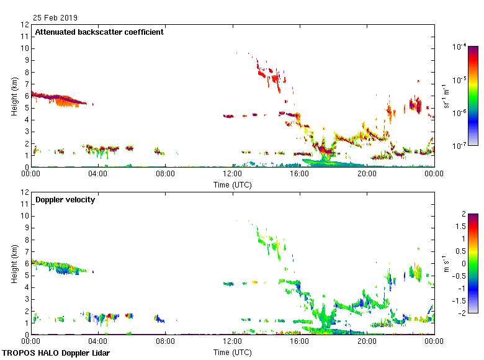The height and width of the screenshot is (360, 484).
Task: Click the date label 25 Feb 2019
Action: (56, 18)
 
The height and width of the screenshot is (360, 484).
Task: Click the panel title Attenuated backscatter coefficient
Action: (99, 32)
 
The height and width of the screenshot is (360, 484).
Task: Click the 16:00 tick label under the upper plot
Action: (300, 174)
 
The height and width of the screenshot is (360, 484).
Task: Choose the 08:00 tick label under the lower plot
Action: (165, 342)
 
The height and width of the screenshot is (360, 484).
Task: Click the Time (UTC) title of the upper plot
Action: (233, 184)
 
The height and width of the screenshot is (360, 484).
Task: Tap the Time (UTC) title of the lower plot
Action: (233, 352)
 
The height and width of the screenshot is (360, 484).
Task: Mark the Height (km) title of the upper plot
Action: (14, 96)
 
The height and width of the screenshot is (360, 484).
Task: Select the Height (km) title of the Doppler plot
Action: (14, 263)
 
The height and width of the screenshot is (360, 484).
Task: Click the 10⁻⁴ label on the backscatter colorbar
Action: (459, 47)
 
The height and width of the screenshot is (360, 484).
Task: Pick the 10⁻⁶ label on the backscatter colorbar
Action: (459, 112)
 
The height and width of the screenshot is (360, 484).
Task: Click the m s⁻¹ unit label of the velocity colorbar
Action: (444, 263)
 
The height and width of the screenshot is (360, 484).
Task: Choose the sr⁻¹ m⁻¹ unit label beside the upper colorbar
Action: (444, 96)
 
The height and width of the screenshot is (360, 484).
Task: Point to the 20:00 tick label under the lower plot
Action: (367, 342)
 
